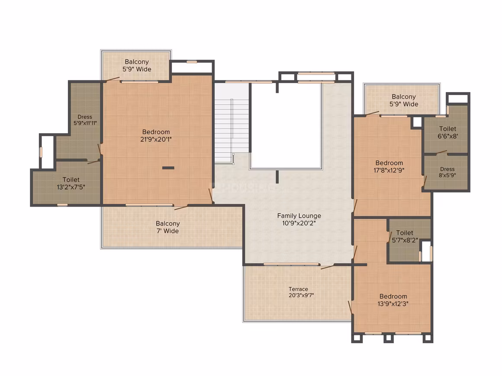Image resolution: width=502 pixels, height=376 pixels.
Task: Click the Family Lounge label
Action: (299, 216)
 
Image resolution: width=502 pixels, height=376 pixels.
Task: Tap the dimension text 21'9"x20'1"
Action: (156, 140)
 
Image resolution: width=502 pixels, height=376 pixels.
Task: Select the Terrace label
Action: (298, 289)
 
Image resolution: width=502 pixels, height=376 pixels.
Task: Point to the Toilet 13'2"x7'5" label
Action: (71, 183)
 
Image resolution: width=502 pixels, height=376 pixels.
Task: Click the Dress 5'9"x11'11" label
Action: (85, 120)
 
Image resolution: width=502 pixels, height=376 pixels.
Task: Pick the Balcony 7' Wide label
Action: (168, 227)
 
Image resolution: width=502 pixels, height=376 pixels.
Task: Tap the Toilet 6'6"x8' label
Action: (447, 132)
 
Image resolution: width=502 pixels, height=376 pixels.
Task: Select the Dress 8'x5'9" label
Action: (447, 172)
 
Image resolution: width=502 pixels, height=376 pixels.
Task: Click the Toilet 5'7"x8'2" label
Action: (405, 236)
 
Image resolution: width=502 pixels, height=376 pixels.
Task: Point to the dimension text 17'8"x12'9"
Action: (389, 170)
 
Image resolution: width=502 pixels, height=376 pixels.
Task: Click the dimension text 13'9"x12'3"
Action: (393, 304)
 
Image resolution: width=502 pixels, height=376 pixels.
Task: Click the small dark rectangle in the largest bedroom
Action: (168, 168)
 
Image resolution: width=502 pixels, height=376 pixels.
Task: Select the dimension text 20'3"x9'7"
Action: (301, 295)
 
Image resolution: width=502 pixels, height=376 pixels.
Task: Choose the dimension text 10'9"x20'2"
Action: (299, 223)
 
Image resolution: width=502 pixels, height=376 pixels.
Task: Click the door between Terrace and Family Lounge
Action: (328, 266)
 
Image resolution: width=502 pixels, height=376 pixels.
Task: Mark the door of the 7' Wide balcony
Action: (181, 207)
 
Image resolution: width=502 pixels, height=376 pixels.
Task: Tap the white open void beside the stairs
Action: (286, 125)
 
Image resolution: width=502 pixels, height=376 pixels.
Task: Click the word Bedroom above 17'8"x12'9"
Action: (389, 163)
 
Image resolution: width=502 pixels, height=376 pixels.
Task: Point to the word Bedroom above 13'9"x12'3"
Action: (393, 296)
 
